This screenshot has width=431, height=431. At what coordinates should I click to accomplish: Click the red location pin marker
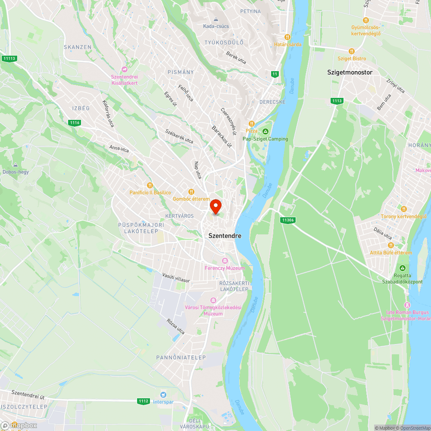coord(215,206)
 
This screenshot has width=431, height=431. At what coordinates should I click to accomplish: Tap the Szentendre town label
coord(225,236)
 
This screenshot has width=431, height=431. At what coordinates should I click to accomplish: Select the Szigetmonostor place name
coord(350,72)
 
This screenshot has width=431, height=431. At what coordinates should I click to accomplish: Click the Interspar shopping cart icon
coord(163,394)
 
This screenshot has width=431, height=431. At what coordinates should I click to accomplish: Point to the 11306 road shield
coord(287,220)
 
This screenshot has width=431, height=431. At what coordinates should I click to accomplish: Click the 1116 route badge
coord(75,123)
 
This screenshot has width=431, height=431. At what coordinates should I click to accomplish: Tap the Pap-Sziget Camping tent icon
coord(265,131)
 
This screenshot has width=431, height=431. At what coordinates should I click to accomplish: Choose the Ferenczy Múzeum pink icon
coord(225,261)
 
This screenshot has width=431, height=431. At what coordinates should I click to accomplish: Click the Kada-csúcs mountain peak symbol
coord(216,19)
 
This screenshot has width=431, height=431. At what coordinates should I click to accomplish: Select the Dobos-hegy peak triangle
coord(16,165)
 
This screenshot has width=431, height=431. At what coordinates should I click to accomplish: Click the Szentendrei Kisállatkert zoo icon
coord(125,69)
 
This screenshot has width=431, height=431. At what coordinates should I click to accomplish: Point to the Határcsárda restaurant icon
coord(287,37)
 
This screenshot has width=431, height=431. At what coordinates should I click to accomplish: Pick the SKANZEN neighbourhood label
coord(78,47)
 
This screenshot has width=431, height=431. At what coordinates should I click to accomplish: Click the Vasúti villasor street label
coord(176,277)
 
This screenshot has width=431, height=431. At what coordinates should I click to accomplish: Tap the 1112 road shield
coord(144,401)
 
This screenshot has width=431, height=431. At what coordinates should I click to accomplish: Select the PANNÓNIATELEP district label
coord(181,357)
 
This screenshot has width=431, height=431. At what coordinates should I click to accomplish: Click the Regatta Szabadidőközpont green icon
coord(402,268)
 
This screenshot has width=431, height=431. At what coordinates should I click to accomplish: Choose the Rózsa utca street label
coord(176,326)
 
